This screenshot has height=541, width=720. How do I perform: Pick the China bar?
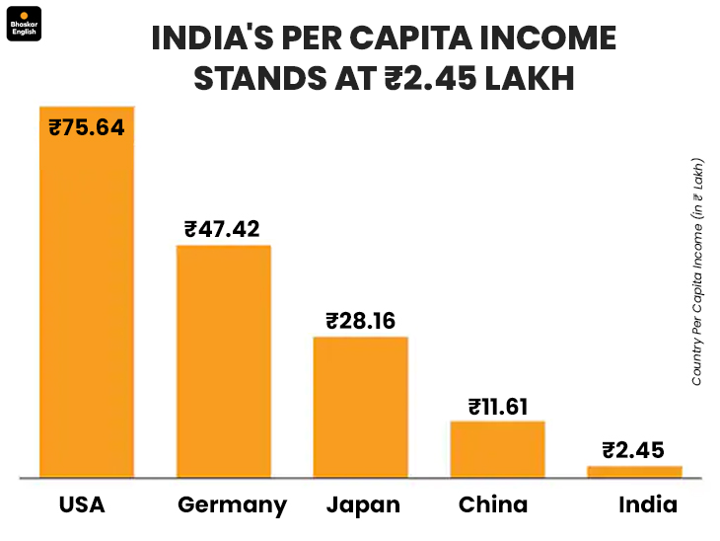tap(497, 449)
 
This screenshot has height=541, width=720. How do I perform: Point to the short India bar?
tap(634, 472)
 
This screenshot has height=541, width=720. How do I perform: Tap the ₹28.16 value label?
tap(360, 321)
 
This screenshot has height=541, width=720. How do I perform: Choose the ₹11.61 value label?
tap(497, 406)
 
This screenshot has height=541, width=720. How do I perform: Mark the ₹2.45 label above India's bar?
tap(634, 451)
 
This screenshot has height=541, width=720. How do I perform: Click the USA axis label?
tap(82, 505)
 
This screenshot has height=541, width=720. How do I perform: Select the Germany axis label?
tap(232, 506)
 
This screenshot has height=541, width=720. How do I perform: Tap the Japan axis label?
tap(363, 505)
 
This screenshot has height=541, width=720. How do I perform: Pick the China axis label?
tap(493, 505)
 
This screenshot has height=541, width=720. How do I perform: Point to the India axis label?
tap(648, 505)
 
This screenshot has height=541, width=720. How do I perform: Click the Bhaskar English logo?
tap(23, 23)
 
